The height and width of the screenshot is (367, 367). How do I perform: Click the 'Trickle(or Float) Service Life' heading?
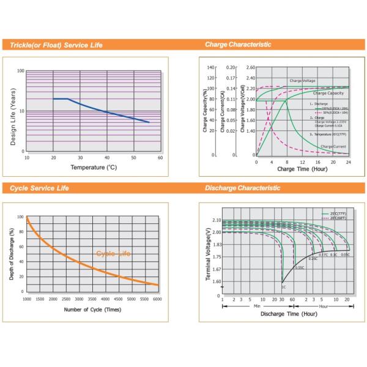[x=56, y=45]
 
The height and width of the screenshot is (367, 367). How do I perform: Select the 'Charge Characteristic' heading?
[x=237, y=45]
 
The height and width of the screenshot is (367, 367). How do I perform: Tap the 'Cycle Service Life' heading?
[x=40, y=188]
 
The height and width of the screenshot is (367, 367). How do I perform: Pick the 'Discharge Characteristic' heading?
[x=242, y=188]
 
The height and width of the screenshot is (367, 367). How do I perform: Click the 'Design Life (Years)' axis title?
[x=13, y=117]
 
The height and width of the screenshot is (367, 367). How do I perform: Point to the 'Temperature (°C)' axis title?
[x=93, y=167]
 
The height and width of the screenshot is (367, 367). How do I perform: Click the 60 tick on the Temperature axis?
[x=160, y=158]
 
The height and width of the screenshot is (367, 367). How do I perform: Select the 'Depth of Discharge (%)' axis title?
[x=12, y=254]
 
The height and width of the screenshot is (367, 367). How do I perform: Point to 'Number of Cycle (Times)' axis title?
[x=92, y=310]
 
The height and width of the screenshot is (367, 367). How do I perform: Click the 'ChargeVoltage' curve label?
[x=303, y=81]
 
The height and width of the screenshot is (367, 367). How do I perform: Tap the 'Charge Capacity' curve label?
[x=328, y=93]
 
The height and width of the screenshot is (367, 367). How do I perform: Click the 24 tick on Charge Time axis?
[x=349, y=162]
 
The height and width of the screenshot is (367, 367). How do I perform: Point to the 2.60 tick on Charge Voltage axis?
[x=250, y=67]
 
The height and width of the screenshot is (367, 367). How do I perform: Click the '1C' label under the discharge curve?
[x=283, y=287]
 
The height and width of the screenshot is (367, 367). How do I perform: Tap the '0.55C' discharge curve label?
[x=299, y=267]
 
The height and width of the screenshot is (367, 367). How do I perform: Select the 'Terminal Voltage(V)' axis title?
[x=208, y=256]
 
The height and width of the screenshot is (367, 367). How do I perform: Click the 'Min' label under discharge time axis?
[x=257, y=305]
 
